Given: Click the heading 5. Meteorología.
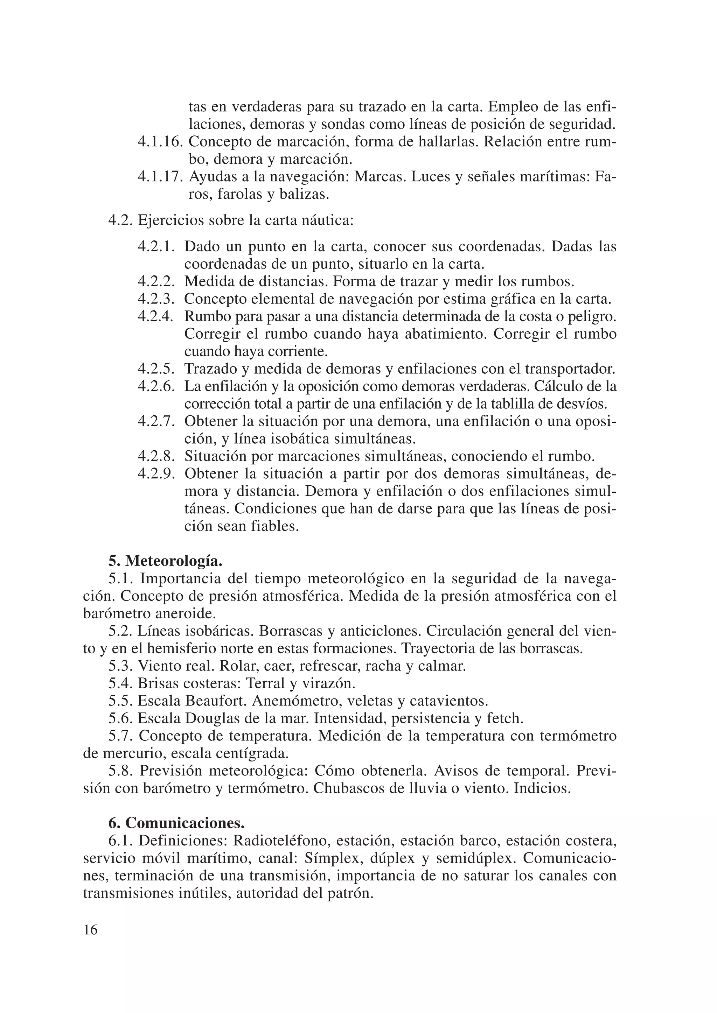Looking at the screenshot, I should (x=165, y=561).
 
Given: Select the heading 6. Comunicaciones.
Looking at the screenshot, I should (x=176, y=823).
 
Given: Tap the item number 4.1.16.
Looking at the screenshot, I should (x=160, y=142).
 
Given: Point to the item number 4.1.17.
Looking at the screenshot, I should (x=160, y=176).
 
